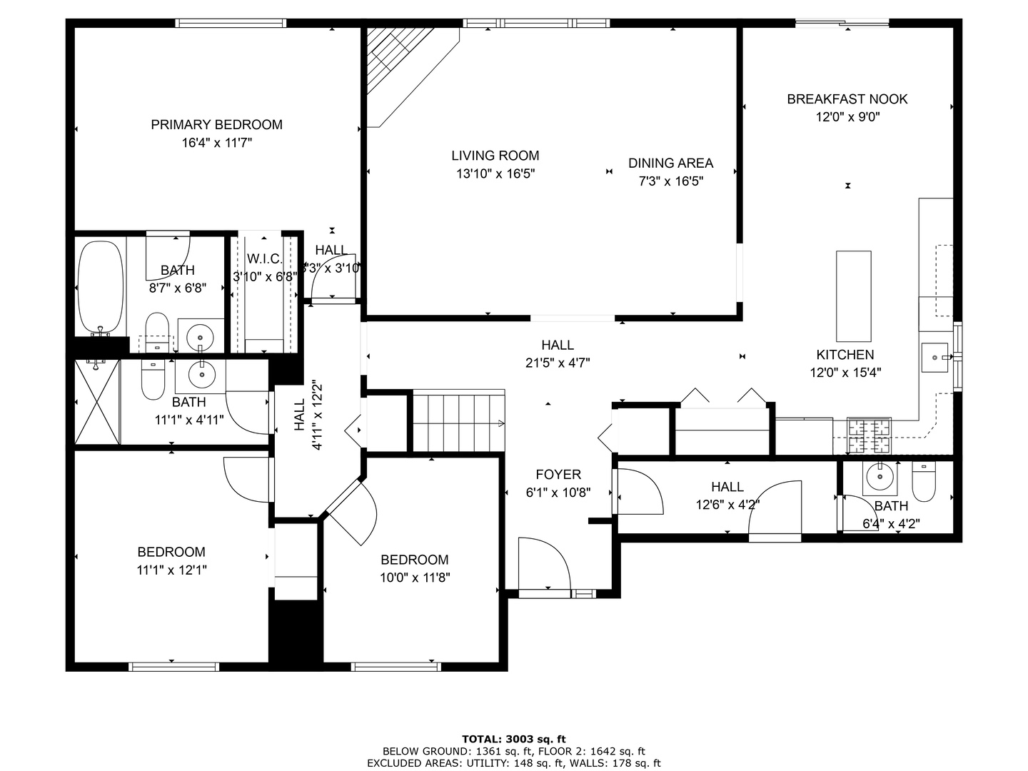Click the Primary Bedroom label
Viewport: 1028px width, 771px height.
(216, 125)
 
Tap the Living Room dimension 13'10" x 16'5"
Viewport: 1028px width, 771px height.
(495, 173)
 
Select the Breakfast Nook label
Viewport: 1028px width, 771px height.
(847, 99)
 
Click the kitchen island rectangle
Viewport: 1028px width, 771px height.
(853, 296)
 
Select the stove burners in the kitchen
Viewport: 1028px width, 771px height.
(869, 436)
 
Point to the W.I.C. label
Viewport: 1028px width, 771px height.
(264, 258)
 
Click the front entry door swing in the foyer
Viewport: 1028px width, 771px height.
(543, 564)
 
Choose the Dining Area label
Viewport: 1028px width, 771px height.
(670, 163)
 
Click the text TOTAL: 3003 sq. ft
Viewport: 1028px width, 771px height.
(514, 740)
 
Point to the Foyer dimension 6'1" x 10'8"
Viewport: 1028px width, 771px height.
(558, 493)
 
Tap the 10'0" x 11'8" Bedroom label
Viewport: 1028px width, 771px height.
(414, 560)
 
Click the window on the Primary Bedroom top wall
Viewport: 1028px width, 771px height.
(231, 24)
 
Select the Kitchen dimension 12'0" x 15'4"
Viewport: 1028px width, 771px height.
(845, 373)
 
